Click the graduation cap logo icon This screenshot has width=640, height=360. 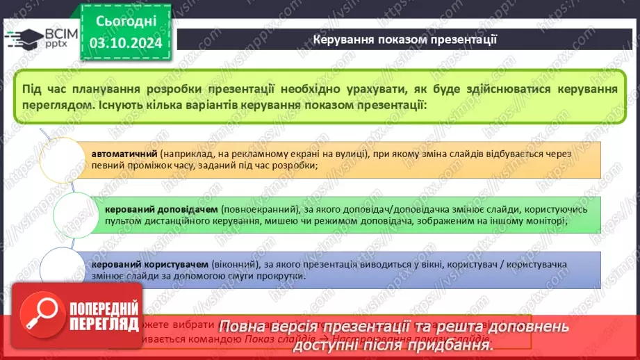point(22,37)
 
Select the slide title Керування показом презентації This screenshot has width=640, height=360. point(404,38)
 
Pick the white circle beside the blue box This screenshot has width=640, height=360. point(64,269)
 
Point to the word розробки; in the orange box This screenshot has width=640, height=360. point(297,165)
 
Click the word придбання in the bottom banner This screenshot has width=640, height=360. point(454,344)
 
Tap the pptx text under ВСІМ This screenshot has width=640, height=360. point(54,44)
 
